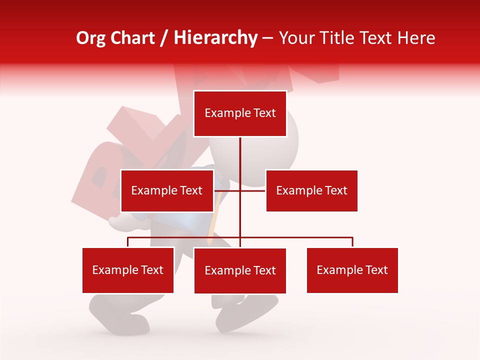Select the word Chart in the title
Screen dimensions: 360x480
click(x=131, y=38)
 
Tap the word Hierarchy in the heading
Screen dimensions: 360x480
click(x=215, y=38)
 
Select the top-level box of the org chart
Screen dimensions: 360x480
click(x=240, y=113)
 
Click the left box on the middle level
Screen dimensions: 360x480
click(x=167, y=190)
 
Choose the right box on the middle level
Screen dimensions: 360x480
click(x=311, y=190)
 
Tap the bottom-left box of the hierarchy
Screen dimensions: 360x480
click(x=128, y=270)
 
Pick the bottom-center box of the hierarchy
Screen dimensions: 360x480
click(x=240, y=270)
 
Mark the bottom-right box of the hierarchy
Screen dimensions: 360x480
click(x=352, y=270)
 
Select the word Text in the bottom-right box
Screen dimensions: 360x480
click(x=376, y=270)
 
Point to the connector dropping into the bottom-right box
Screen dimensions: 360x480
click(x=352, y=242)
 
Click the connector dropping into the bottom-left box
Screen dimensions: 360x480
click(x=128, y=242)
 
